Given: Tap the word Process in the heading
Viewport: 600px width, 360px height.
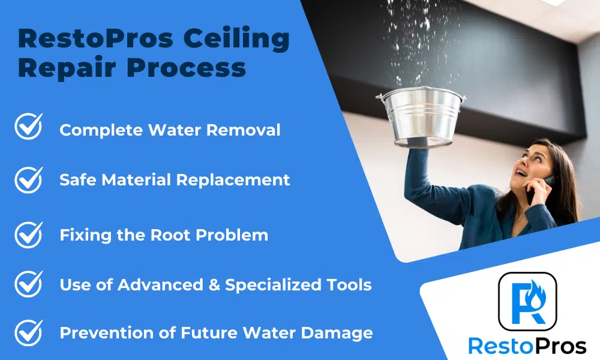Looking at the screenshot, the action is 187,67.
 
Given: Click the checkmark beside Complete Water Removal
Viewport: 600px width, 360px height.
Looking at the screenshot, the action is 29,126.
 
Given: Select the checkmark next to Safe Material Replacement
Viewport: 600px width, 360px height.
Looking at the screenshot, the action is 29,180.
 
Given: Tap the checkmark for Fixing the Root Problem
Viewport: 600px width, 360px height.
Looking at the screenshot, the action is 29,235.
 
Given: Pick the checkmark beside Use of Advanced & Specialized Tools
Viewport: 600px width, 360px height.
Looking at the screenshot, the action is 29,284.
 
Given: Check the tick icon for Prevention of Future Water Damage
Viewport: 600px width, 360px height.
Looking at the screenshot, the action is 29,333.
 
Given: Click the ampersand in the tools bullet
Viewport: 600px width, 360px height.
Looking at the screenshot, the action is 214,285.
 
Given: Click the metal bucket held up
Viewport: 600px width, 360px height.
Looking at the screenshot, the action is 422,116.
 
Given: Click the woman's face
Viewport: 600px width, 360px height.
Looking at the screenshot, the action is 533,165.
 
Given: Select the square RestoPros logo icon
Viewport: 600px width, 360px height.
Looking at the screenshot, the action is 527,301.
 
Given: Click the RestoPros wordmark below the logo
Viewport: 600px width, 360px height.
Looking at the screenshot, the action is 527,346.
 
